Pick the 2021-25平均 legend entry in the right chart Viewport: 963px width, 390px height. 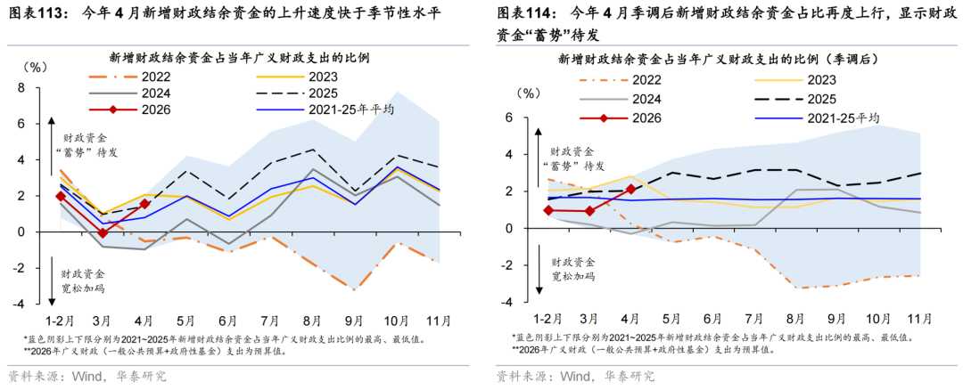tap(815, 118)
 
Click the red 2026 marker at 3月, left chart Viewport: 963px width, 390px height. tap(102, 233)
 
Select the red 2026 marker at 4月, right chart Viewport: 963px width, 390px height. tap(630, 190)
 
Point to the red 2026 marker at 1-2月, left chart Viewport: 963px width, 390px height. tap(60, 196)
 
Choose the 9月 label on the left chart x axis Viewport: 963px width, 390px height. tap(353, 320)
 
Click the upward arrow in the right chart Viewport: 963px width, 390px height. tap(538, 153)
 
